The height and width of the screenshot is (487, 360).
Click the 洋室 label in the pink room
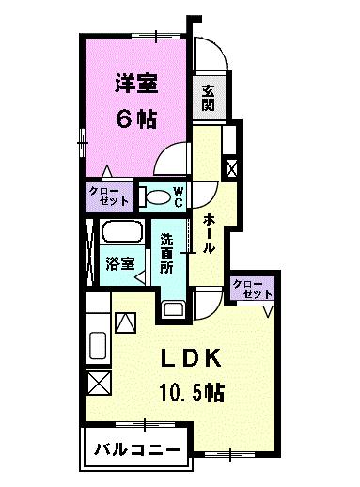click(136, 84)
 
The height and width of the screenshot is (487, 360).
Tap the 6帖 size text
click(136, 119)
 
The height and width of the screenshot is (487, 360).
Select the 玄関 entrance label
click(208, 98)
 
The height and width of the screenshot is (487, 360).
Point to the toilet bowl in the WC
click(158, 197)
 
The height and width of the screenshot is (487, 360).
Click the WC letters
click(179, 197)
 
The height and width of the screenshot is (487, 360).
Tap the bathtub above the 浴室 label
click(121, 231)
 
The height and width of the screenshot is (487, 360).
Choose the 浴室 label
click(120, 263)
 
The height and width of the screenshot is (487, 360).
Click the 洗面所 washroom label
click(166, 253)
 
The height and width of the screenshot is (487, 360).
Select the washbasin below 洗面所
click(174, 309)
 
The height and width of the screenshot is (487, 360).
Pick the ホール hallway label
click(209, 233)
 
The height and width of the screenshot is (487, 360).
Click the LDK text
click(191, 358)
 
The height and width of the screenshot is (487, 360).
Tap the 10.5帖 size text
click(192, 392)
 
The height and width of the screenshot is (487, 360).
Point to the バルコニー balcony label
click(138, 450)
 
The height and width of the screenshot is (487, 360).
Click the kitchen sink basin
click(98, 345)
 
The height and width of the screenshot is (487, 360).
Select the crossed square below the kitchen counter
click(99, 383)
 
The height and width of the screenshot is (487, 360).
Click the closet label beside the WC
click(109, 196)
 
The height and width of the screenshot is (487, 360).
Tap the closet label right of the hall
click(252, 289)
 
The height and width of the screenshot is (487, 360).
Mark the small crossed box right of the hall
click(232, 168)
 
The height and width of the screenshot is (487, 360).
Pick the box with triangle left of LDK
click(125, 322)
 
